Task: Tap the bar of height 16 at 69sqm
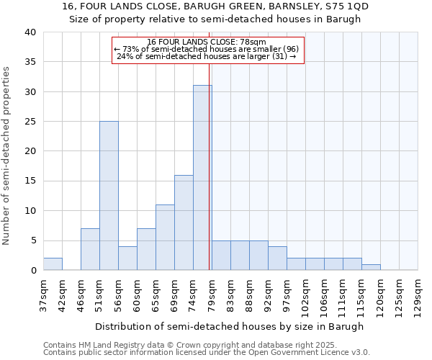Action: tap(184, 222)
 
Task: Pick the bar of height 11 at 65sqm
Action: tap(165, 238)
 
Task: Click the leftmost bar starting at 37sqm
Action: tap(53, 264)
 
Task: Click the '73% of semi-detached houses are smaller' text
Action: tap(199, 49)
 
